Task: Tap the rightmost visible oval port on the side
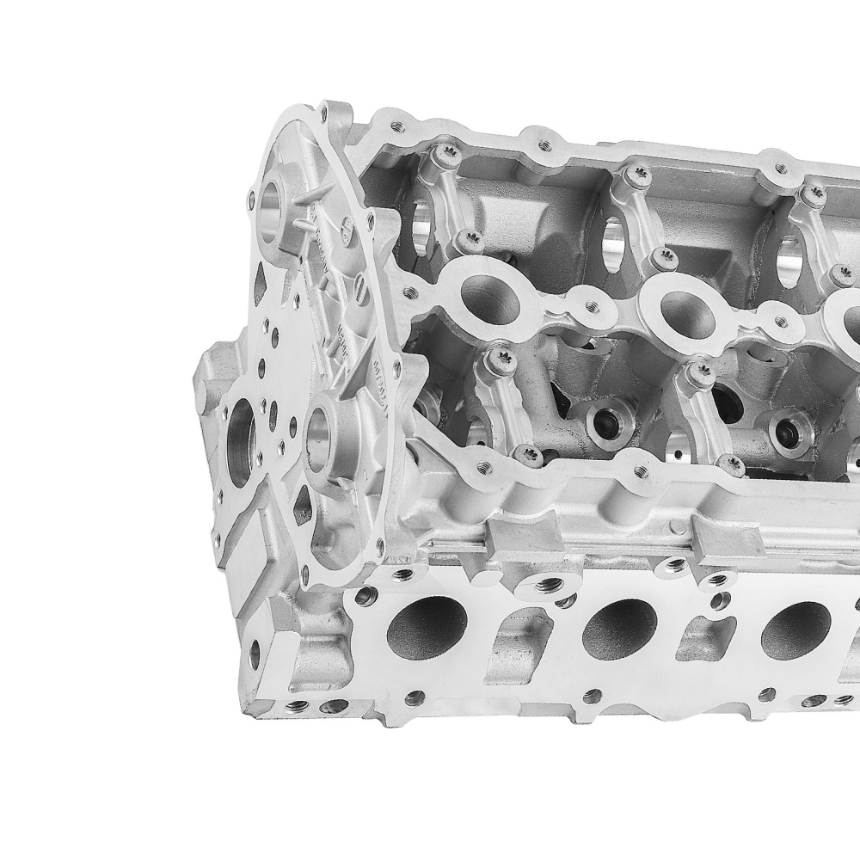(795, 630)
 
